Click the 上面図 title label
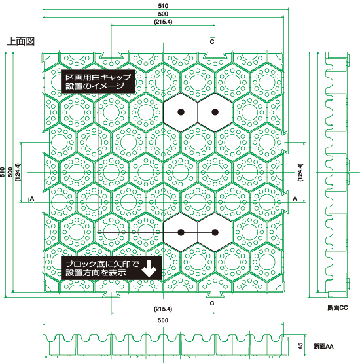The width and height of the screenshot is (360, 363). tap(21, 41)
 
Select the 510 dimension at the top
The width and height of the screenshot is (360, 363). tap(163, 6)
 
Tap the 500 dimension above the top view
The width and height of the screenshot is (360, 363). tap(163, 14)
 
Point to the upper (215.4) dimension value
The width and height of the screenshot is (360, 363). tap(163, 22)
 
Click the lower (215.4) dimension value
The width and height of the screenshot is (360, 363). tap(163, 309)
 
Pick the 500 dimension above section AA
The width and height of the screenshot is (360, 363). tap(163, 320)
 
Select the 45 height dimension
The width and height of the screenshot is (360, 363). tap(300, 346)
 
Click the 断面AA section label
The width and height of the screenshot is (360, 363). tap(323, 347)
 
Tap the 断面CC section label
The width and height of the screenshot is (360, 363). tap(338, 307)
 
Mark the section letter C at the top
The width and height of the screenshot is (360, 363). tap(212, 41)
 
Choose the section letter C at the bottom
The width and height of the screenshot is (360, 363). tap(212, 303)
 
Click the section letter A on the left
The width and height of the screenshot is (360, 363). tap(32, 199)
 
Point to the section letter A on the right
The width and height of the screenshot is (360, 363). tap(295, 199)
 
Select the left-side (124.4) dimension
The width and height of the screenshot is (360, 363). tap(18, 172)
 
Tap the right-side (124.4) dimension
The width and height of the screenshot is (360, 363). tap(300, 172)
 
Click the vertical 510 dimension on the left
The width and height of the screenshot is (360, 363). tap(3, 172)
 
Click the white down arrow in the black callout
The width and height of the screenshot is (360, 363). tap(149, 269)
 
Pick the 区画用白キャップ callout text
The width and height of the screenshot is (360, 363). tap(98, 77)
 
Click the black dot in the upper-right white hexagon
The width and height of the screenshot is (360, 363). tap(215, 112)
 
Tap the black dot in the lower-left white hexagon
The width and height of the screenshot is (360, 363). tap(181, 232)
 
